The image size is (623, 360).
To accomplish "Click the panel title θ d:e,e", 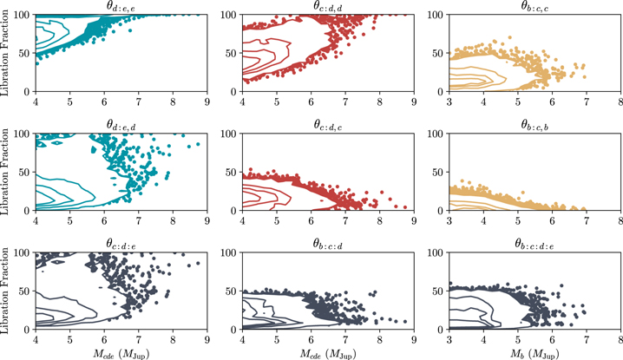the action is coord(121,6).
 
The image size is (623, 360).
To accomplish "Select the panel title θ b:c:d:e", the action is coord(534,244).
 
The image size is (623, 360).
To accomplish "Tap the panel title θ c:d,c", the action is coord(328,125).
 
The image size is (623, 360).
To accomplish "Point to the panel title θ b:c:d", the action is coord(328,244).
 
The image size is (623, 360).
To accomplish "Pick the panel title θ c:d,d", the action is coord(328,6).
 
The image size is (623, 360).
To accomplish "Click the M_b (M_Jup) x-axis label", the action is coord(534,353).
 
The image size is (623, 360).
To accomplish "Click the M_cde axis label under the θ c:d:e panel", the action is coord(121,353).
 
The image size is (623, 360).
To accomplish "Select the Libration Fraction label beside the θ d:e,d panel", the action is coord(4,172).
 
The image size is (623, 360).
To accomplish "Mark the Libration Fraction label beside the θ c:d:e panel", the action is coord(4,291).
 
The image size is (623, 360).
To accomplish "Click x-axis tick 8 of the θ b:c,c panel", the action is coord(620,102).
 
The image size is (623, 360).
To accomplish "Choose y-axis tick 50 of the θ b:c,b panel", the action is coord(440,172).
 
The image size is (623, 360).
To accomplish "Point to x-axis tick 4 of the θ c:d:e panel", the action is coord(36,340).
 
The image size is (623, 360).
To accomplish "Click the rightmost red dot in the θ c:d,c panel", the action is coord(405,207).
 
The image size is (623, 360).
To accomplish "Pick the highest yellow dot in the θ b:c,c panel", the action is coord(509,38).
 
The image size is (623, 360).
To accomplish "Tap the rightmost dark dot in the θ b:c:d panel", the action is coord(405,321).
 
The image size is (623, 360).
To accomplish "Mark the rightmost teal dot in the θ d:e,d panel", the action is coord(198,144).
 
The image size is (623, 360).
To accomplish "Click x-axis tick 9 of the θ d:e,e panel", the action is coord(207,102).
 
